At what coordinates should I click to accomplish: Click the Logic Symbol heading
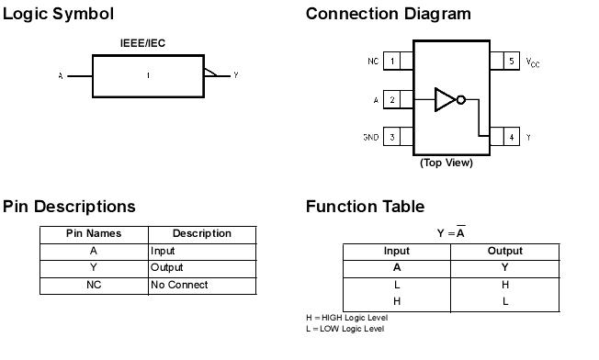click(58, 14)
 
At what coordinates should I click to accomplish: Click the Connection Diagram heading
click(388, 14)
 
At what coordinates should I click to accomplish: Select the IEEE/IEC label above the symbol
click(142, 43)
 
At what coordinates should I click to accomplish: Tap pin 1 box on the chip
click(393, 62)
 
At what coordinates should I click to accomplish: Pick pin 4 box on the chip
click(510, 138)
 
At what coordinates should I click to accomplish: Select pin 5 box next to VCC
click(510, 62)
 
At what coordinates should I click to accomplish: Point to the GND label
click(370, 138)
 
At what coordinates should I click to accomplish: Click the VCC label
click(533, 62)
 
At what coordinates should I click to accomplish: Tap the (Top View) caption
click(446, 163)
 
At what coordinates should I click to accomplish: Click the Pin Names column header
click(94, 233)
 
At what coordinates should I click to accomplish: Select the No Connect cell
click(179, 285)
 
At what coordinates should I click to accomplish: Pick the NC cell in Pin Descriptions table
click(94, 285)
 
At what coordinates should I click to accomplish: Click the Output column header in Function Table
click(504, 251)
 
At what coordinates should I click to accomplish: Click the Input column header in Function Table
click(397, 251)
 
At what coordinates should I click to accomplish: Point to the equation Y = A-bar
click(450, 232)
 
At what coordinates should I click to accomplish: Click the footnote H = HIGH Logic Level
click(346, 318)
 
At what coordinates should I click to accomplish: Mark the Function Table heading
click(365, 207)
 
